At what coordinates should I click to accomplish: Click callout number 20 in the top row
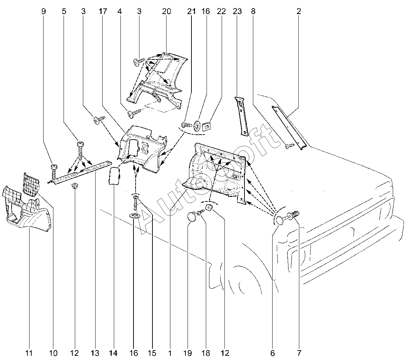coord(167,11)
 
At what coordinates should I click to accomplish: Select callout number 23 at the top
coord(237,11)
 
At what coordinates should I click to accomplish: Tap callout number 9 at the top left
coord(44,11)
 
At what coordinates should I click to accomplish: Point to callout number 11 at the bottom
coord(29,353)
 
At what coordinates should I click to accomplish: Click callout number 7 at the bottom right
coord(299,353)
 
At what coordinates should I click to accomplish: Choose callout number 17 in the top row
coord(103,11)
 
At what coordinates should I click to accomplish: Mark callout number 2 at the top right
coord(299,11)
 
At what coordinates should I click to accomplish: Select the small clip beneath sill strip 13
coord(74,185)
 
